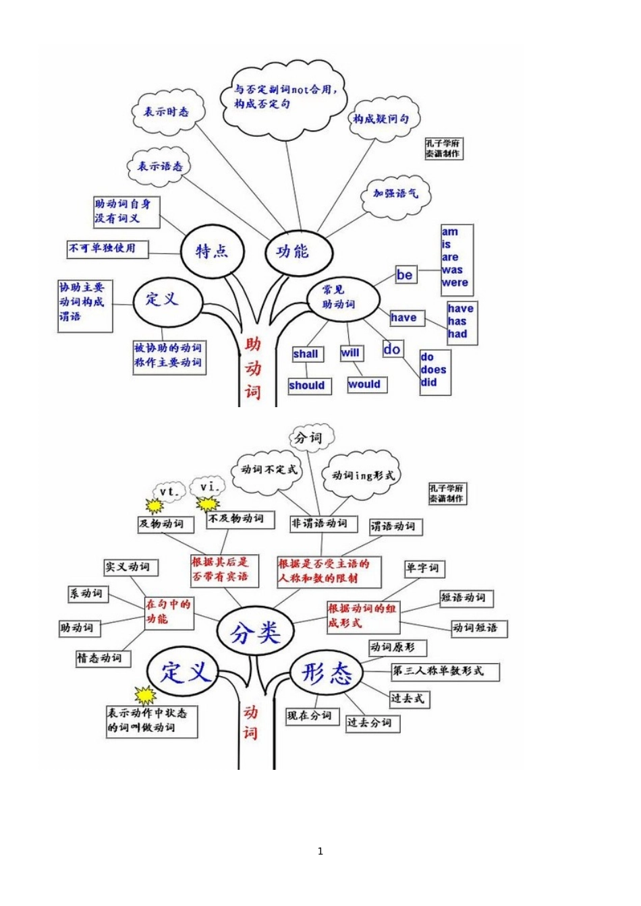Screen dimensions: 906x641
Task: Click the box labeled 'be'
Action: click(406, 275)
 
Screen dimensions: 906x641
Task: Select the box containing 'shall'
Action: click(306, 354)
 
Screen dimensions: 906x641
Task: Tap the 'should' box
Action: click(308, 386)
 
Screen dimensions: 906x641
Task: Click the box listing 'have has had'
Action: click(461, 322)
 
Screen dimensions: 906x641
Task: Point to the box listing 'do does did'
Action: click(435, 370)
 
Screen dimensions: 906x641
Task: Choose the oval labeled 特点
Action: click(212, 251)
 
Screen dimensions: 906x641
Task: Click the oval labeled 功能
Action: click(294, 251)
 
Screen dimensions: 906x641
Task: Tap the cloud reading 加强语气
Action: click(395, 194)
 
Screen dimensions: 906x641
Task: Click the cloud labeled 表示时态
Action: click(166, 112)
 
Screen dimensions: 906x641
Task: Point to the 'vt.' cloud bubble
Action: click(169, 492)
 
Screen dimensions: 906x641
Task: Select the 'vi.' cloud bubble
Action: click(212, 486)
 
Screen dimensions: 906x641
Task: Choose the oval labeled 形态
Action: click(327, 673)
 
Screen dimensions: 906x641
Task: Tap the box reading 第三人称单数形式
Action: click(445, 671)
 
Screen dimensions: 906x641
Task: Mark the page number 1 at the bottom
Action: click(320, 851)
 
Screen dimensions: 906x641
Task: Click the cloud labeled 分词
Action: click(309, 438)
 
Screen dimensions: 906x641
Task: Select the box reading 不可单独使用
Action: click(106, 249)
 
